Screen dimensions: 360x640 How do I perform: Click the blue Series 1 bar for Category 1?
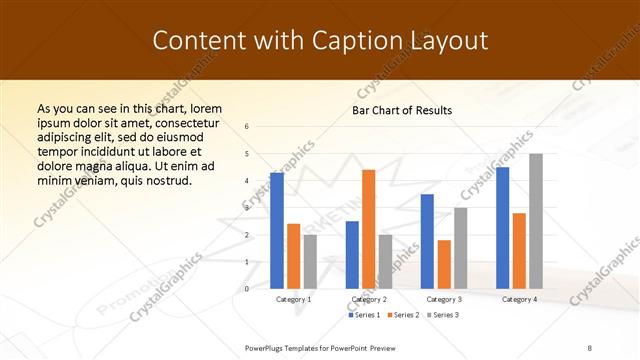click(x=277, y=231)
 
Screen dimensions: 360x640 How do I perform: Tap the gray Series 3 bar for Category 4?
click(x=535, y=221)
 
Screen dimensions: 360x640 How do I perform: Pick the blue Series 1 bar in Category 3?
click(x=427, y=241)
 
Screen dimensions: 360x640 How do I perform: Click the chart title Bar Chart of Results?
click(x=402, y=110)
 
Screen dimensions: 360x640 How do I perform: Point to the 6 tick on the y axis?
click(x=247, y=127)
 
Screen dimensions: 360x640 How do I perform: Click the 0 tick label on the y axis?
click(x=247, y=289)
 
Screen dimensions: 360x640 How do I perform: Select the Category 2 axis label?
click(x=369, y=299)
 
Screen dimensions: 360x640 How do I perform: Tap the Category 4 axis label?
click(x=519, y=299)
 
